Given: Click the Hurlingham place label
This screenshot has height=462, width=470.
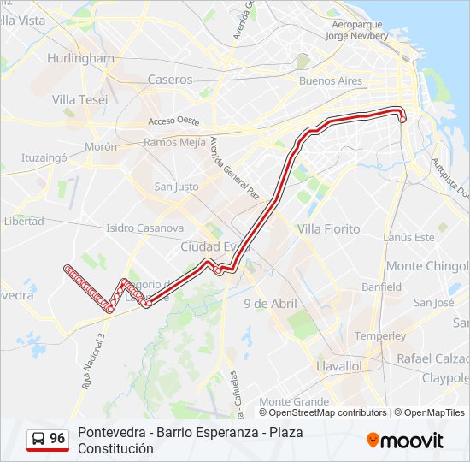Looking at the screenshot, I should coord(81,58).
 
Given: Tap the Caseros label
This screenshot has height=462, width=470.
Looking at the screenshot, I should coord(169,79).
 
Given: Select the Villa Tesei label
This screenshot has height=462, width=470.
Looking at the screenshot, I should coord(79,99).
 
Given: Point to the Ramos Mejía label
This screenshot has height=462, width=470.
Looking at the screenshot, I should coord(174,142).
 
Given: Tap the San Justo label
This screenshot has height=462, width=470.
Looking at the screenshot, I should coord(176,187).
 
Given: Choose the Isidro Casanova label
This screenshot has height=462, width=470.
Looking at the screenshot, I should coord(144,228).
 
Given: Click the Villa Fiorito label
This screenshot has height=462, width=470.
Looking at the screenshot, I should coord(329,229).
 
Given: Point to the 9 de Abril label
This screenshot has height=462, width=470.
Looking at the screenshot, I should coord(270,304).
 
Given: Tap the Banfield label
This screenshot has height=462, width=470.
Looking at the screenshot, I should coord(381,287).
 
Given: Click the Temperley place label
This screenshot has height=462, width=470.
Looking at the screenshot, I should coord(380,335).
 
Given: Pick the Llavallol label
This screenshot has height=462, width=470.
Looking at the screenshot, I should coord(339,365).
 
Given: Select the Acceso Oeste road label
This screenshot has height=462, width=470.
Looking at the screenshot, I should coord(173,121).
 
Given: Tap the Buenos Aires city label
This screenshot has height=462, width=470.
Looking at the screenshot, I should coord(331,81).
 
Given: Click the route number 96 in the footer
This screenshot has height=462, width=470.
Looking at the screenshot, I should coord(57,439).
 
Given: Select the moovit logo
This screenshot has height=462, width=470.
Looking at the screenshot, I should coord(405,441).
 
